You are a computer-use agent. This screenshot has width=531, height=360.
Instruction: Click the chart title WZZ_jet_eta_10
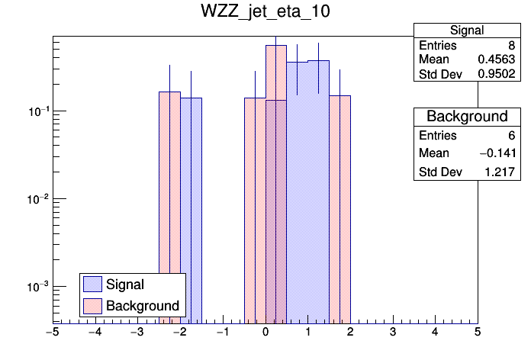265,14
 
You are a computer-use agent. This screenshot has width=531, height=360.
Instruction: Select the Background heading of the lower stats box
466,117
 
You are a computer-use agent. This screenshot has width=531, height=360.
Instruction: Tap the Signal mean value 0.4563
499,59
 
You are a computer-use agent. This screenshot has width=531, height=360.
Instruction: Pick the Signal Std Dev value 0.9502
499,74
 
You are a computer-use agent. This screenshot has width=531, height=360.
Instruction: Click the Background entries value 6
511,136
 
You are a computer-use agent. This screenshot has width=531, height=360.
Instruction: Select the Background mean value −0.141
497,154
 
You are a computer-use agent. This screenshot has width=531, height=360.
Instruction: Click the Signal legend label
126,284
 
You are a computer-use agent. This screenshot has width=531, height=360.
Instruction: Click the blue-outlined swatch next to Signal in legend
93,284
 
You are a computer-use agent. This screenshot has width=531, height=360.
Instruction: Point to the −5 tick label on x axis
52,333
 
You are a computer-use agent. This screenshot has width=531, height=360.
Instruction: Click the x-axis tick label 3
393,333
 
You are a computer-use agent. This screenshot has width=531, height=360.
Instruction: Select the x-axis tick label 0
265,333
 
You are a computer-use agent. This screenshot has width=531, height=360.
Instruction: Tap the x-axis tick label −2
179,333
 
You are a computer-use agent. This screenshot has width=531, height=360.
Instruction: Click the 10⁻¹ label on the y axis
37,112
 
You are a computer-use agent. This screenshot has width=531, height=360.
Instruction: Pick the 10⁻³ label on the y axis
37,287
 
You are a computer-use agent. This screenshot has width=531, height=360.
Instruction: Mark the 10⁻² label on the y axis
37,200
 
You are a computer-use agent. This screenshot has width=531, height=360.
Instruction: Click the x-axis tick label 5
478,333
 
